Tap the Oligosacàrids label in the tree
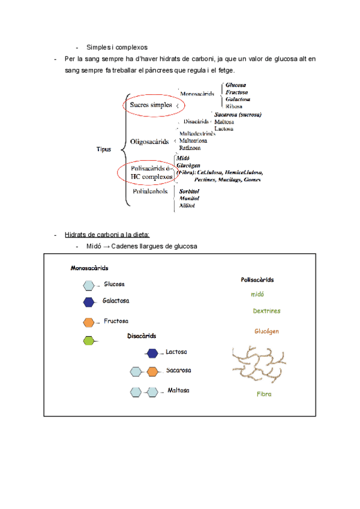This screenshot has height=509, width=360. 149,142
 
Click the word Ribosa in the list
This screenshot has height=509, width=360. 234,106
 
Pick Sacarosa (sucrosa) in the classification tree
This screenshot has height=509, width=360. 238,114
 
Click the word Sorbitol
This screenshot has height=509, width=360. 190,191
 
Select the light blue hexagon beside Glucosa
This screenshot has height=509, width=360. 89,285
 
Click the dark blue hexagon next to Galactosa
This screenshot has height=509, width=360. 89,301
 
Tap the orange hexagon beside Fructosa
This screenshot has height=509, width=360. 89,322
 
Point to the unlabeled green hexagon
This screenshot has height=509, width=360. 89,341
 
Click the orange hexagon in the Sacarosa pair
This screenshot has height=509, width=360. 152,371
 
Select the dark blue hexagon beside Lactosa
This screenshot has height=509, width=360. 152,352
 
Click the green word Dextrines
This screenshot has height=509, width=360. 266,312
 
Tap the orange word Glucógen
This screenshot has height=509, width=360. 266,331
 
